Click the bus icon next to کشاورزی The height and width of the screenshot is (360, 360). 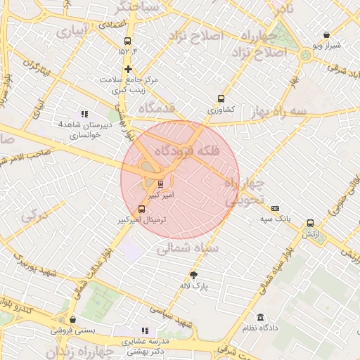221,99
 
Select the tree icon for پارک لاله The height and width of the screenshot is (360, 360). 194,275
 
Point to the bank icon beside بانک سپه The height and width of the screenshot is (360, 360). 275,208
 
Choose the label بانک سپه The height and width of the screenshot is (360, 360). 275,219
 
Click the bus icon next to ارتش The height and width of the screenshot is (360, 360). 310,223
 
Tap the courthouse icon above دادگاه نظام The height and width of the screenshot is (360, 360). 261,317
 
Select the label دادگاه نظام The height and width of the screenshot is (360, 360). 261,328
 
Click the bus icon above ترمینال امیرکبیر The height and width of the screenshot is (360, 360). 143,209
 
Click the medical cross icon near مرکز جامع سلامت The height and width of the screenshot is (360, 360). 128,69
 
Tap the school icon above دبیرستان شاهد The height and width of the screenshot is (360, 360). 84,114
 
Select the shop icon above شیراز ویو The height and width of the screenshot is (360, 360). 327,34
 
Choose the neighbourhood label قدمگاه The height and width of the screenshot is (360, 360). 156,108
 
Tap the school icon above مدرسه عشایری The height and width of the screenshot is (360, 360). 145,330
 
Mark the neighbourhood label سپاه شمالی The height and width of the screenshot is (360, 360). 189,247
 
